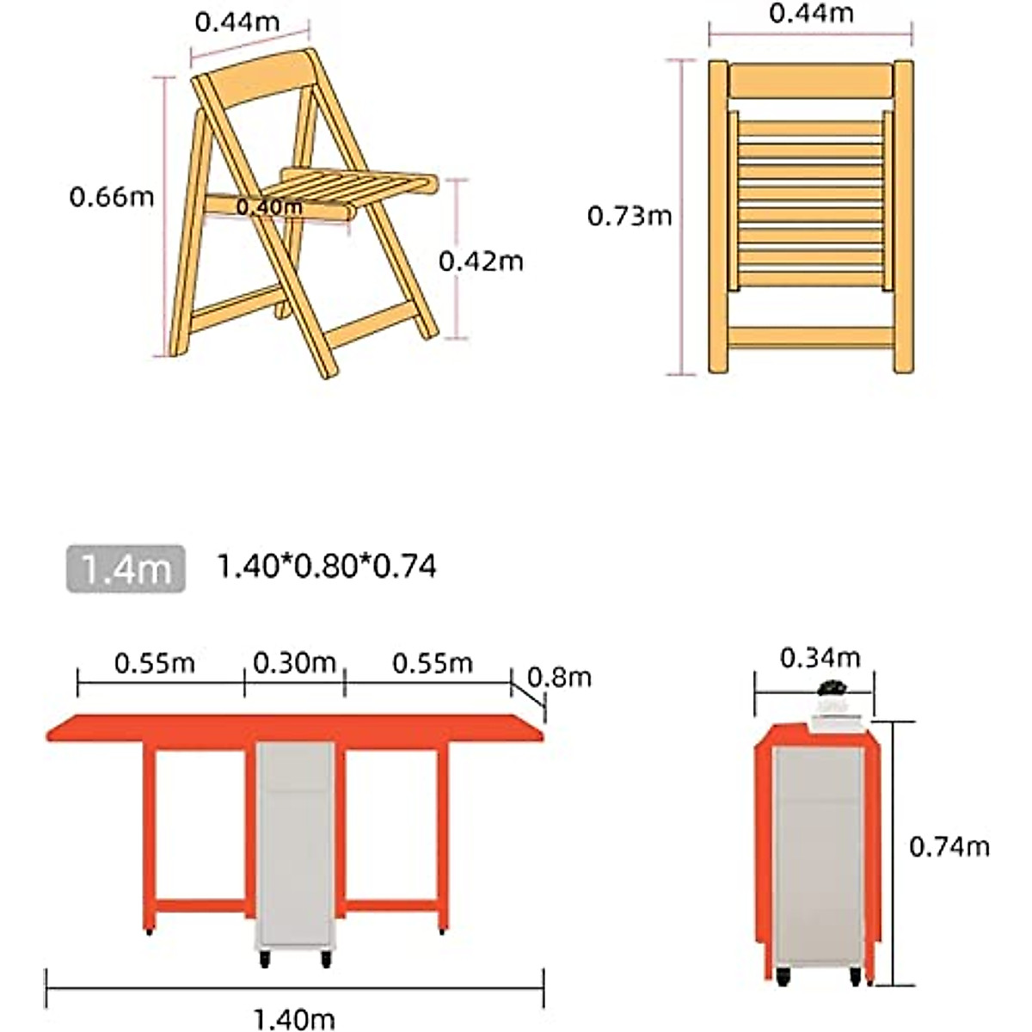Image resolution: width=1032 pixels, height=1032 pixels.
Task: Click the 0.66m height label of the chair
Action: [x=112, y=197]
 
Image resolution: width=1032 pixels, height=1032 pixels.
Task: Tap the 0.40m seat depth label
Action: [x=269, y=207]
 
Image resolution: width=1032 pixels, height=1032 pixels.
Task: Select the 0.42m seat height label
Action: [x=481, y=261]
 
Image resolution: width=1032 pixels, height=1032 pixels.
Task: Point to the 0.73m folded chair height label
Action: [x=630, y=216]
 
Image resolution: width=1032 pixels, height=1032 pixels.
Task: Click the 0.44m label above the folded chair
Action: [x=811, y=13]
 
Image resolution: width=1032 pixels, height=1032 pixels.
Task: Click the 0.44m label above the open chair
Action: [x=236, y=21]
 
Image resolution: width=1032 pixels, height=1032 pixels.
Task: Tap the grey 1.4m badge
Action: [x=126, y=568]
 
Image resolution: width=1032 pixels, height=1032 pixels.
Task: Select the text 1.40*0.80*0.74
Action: [x=326, y=567]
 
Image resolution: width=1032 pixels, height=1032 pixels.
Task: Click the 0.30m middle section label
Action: [x=294, y=663]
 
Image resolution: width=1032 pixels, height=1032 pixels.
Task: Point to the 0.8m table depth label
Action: [x=560, y=678]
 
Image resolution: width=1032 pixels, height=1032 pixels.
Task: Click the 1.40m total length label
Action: [x=293, y=1020]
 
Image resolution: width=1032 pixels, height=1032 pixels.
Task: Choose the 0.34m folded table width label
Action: [x=820, y=658]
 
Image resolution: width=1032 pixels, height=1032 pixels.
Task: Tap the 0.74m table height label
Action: [x=949, y=847]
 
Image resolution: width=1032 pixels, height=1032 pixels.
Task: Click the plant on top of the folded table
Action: [x=832, y=688]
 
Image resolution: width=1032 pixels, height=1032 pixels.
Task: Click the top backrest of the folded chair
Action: [x=810, y=81]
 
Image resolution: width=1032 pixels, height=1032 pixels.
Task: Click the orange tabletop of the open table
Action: [x=295, y=728]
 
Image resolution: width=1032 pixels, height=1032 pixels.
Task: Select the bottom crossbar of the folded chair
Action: [x=810, y=337]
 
